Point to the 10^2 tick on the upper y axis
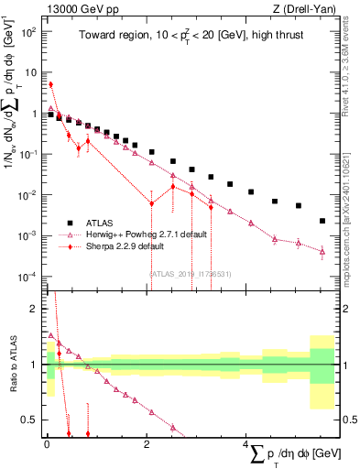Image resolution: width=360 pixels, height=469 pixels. click(30, 30)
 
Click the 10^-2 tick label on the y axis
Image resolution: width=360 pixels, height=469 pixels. click(30, 195)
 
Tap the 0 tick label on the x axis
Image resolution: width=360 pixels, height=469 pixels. click(47, 443)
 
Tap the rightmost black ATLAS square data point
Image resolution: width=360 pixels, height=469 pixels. click(322, 221)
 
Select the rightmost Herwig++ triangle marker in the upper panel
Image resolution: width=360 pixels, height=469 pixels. click(322, 251)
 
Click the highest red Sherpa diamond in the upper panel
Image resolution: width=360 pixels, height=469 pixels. click(50, 84)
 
